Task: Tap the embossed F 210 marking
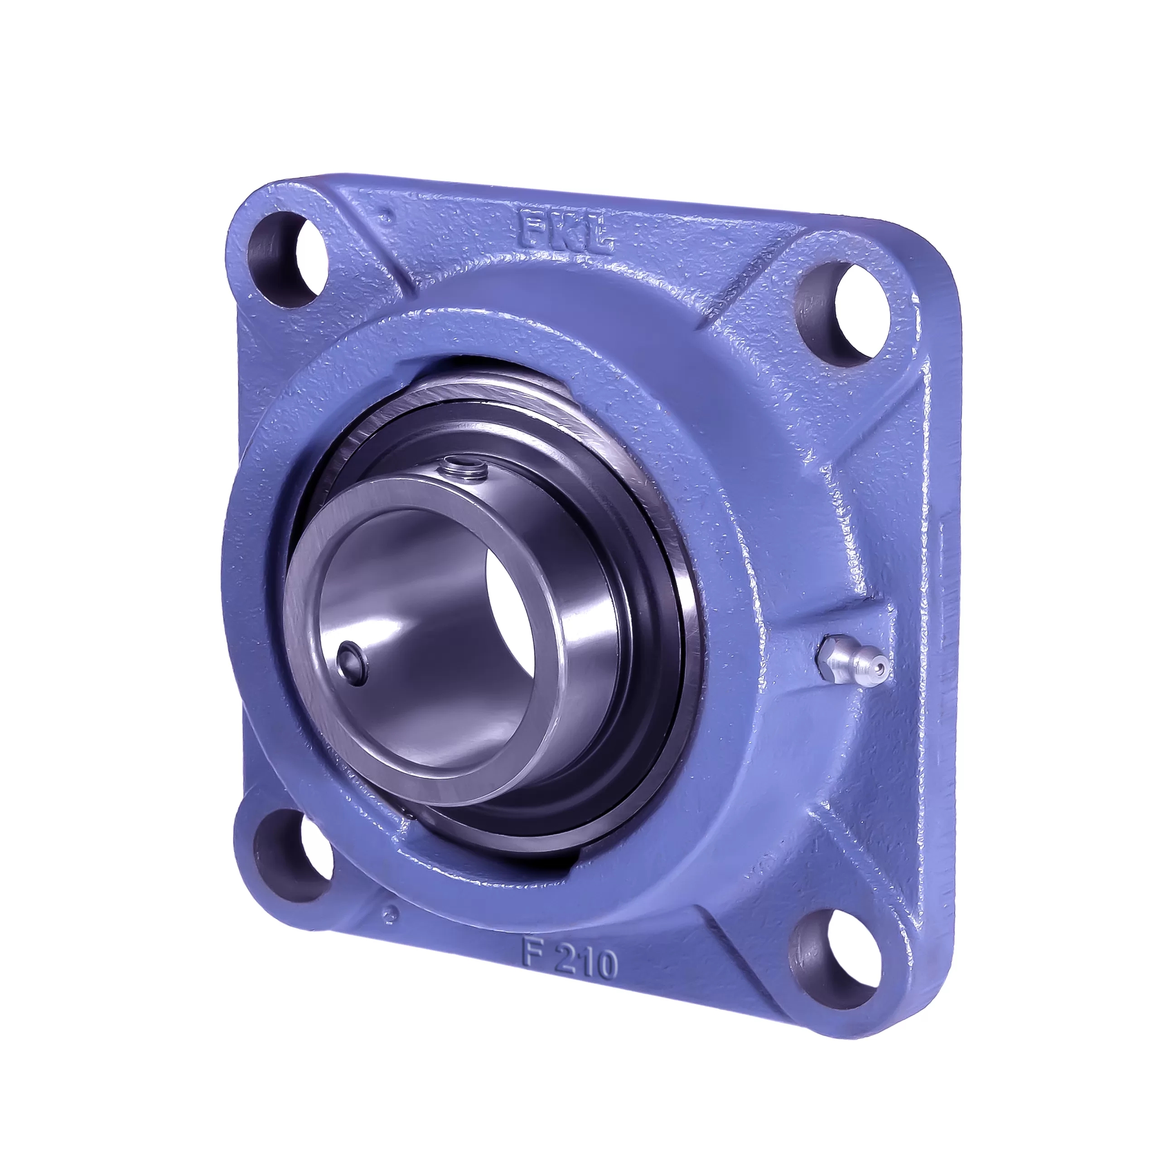pos(569,962)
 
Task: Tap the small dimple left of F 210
pos(392,931)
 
